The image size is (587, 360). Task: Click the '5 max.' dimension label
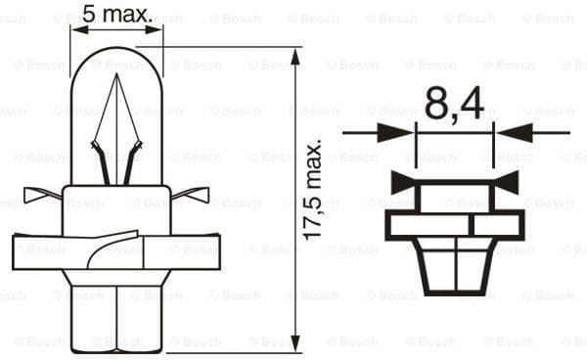[x=117, y=15]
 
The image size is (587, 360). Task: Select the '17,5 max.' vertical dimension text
[x=312, y=191]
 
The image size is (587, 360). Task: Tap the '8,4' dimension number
[x=454, y=104]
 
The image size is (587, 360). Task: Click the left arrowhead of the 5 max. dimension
[x=79, y=29]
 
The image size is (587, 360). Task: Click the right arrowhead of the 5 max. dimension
[x=155, y=29]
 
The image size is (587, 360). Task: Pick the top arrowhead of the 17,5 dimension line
[x=295, y=57]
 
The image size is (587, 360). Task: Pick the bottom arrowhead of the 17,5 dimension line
[x=295, y=342]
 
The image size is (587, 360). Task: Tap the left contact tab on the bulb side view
[x=42, y=195]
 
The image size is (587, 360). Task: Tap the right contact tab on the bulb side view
[x=191, y=195]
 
